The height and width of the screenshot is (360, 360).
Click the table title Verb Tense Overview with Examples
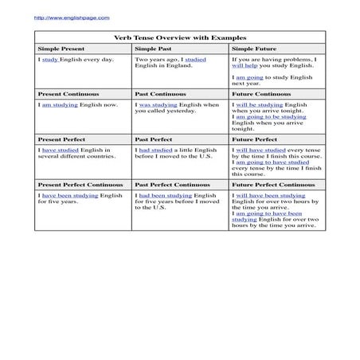pos(180,37)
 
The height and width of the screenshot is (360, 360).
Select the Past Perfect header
pos(152,139)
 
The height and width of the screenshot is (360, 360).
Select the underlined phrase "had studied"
pos(156,150)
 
